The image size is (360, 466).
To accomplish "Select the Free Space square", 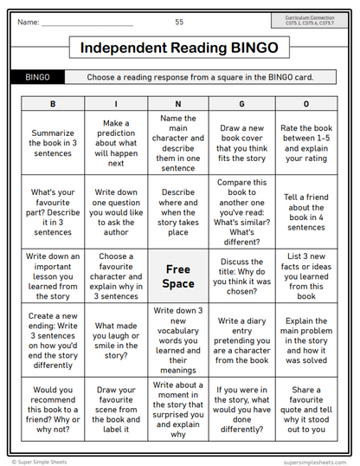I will [178, 276].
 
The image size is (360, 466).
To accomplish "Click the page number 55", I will [179, 22].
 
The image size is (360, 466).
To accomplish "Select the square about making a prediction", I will [116, 143].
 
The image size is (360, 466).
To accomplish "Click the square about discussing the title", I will [241, 275].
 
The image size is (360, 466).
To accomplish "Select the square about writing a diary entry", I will [241, 340].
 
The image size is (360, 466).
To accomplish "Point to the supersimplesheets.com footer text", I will [316, 462].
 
